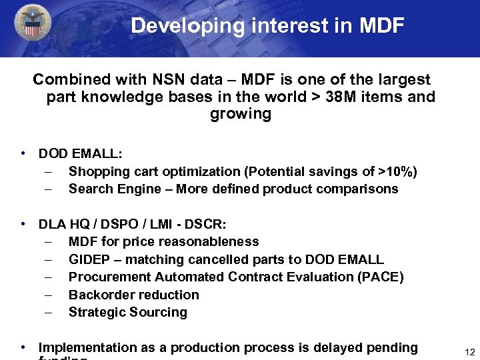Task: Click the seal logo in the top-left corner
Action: tap(31, 26)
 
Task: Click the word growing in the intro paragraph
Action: tap(241, 114)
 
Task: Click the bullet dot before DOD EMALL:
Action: tap(24, 153)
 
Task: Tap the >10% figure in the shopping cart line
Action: tap(397, 172)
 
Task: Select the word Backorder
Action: tap(99, 295)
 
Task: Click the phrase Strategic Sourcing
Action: tap(128, 313)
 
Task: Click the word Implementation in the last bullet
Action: tap(87, 347)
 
